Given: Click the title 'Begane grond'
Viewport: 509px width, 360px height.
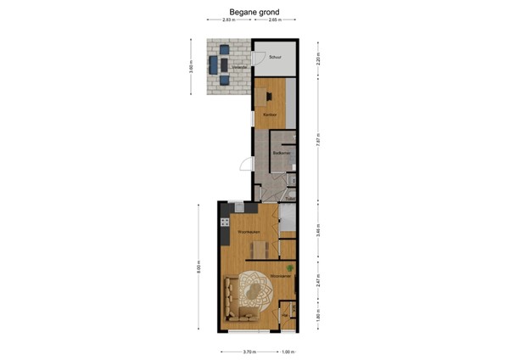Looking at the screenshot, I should coord(254,13).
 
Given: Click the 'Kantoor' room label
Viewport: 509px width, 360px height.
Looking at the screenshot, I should coord(270,115).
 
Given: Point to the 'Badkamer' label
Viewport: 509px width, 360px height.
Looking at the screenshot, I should coord(282,153).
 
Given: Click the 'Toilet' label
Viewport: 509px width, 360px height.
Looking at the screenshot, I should coord(288,200).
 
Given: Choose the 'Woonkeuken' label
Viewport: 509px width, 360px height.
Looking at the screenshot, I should coord(247,231).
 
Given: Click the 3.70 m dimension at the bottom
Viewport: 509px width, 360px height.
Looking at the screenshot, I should coord(248,351).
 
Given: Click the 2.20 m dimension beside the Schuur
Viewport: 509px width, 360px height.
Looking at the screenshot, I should coord(318,59).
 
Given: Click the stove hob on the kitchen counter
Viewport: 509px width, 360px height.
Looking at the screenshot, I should coord(226,223).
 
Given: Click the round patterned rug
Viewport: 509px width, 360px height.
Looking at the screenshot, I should coord(254,290).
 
